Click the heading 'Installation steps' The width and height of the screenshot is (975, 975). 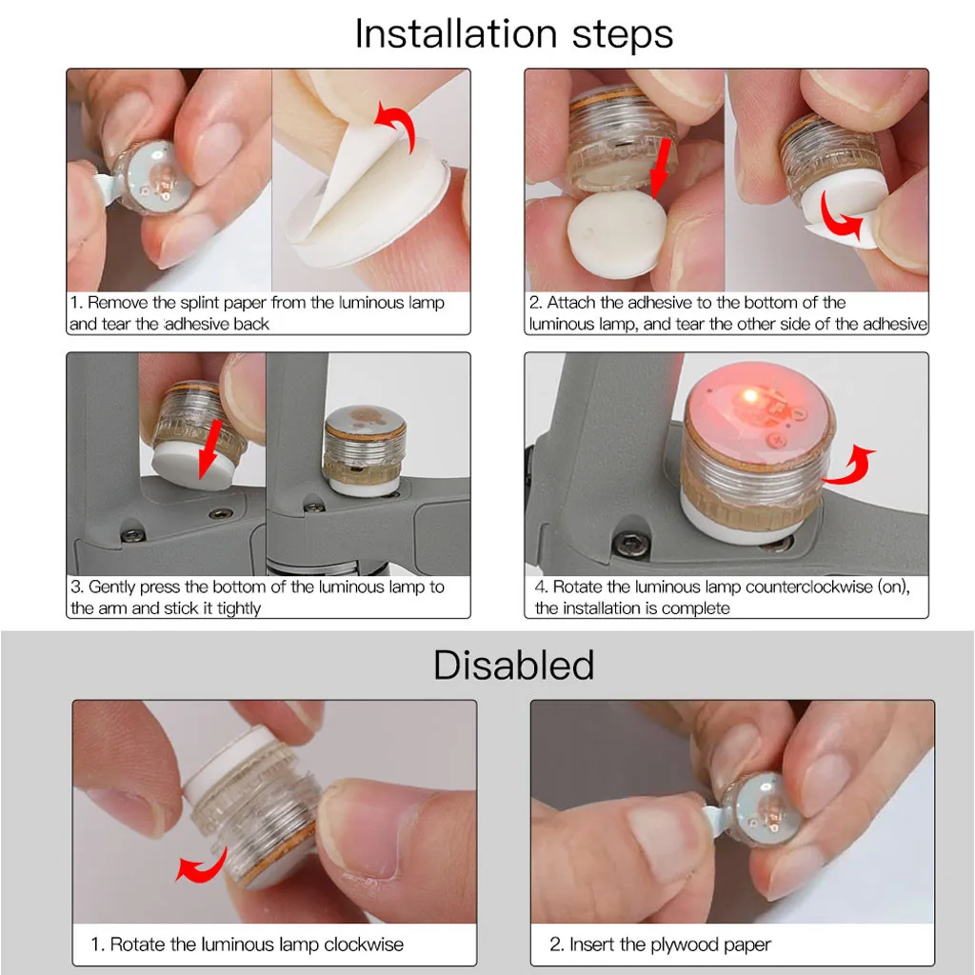tap(513, 33)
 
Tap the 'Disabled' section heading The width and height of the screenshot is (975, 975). tap(513, 665)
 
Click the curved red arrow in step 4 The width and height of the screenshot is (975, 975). tap(850, 467)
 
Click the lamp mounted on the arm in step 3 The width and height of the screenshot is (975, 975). tap(365, 450)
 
